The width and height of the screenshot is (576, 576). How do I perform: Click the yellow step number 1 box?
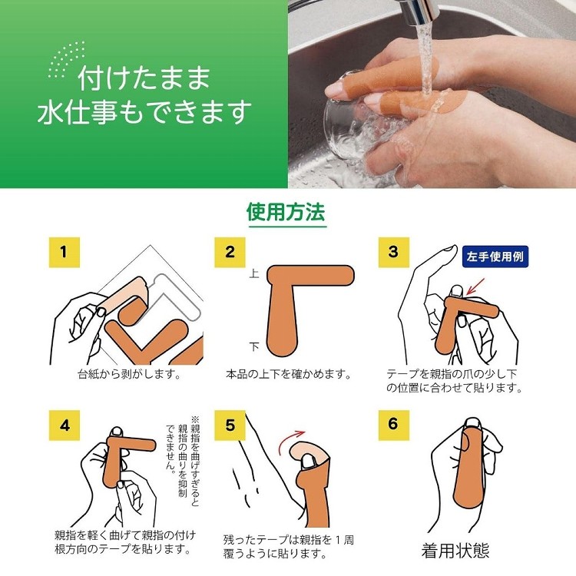(x=65, y=253)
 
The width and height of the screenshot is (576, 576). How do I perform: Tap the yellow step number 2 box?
(x=230, y=253)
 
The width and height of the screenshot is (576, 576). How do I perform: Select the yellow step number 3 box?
(x=394, y=253)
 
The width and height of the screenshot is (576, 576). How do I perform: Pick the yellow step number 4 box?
(x=65, y=425)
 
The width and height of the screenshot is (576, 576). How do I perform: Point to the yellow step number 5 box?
(x=230, y=425)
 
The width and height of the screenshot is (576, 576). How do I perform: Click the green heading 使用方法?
(x=286, y=212)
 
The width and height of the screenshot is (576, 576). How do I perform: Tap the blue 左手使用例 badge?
(x=495, y=257)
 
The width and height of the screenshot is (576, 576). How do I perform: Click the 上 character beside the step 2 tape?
(x=254, y=273)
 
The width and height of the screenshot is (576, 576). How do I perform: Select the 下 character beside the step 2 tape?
(x=254, y=346)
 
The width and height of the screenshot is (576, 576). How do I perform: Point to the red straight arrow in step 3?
(x=475, y=287)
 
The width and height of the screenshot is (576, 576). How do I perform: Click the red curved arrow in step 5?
(x=291, y=441)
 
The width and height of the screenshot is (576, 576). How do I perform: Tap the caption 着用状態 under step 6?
(x=455, y=551)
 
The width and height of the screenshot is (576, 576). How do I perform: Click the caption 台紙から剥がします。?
(x=129, y=374)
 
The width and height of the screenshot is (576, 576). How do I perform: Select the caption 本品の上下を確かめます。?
(x=289, y=374)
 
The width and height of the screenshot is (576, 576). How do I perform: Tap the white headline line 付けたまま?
(x=144, y=78)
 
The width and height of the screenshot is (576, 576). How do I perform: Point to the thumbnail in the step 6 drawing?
(x=473, y=423)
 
